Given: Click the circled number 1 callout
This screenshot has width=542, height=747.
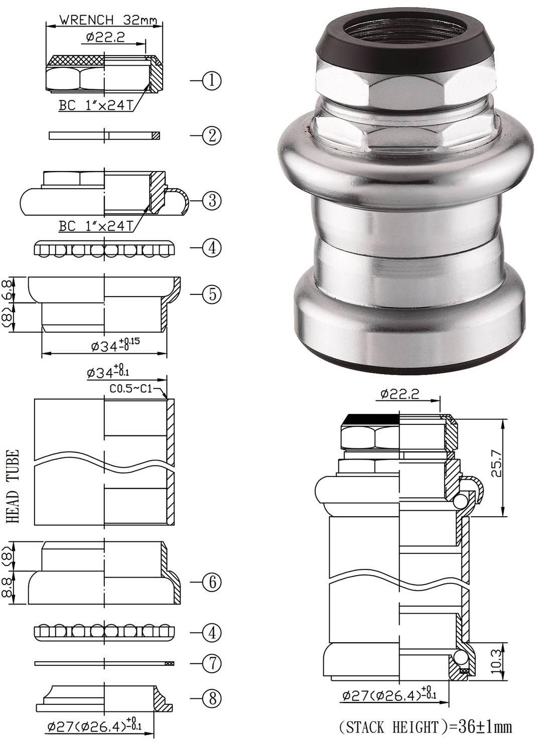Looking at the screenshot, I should click(212, 80).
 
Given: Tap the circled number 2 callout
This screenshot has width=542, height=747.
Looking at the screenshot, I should click(212, 135).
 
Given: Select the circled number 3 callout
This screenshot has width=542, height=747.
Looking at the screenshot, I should click(212, 201).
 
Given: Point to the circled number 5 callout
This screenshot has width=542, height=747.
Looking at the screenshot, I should click(212, 294).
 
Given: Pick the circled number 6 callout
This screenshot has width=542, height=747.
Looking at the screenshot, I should click(212, 582).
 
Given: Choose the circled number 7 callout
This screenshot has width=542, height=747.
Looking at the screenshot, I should click(212, 663).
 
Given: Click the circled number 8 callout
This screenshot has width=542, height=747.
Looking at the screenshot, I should click(212, 698).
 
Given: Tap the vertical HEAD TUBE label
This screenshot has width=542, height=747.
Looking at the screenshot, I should click(14, 486).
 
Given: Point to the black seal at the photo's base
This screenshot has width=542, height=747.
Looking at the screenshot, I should click(409, 359).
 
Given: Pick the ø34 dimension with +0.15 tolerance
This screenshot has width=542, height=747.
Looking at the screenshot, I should click(115, 345).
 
